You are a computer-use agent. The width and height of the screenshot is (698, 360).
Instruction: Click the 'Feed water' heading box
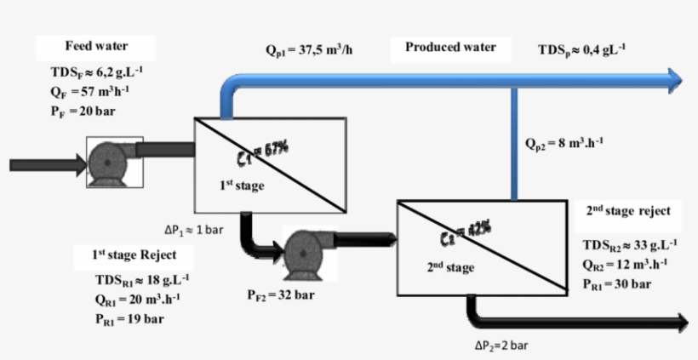[96, 46]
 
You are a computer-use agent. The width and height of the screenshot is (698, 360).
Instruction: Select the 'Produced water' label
[450, 48]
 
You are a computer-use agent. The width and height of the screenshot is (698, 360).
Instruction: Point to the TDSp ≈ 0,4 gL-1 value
[582, 50]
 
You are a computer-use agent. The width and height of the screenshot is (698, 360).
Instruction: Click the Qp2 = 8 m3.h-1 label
[565, 142]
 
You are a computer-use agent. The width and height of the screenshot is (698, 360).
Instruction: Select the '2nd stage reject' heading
[629, 210]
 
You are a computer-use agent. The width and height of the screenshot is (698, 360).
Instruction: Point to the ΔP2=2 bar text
[506, 346]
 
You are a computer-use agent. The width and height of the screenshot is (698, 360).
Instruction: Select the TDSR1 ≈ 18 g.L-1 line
[142, 280]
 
